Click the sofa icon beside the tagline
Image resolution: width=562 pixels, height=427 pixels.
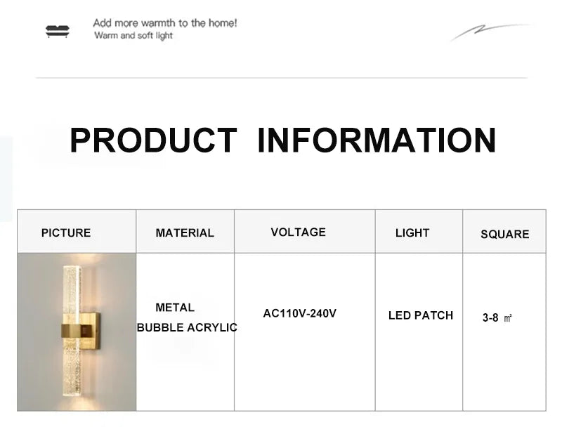(58, 31)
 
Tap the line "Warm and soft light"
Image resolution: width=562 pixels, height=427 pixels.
(133, 35)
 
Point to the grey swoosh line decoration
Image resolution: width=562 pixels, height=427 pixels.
(490, 32)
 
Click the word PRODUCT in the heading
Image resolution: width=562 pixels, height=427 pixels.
(153, 140)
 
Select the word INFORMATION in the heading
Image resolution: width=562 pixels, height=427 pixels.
(377, 140)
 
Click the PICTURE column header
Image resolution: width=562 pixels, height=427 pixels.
(66, 233)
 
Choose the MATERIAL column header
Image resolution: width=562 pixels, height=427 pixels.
(185, 233)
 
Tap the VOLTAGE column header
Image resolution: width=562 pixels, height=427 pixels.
(298, 232)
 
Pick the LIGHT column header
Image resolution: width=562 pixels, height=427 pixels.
(412, 233)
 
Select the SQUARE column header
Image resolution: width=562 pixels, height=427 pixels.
(504, 235)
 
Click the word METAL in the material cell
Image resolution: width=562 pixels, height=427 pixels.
(175, 308)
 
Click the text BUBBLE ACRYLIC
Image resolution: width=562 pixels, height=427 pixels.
(187, 327)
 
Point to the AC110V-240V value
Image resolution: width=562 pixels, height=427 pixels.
(300, 313)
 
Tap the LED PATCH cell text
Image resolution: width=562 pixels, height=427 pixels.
(421, 315)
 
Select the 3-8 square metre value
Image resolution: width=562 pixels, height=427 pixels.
(497, 317)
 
